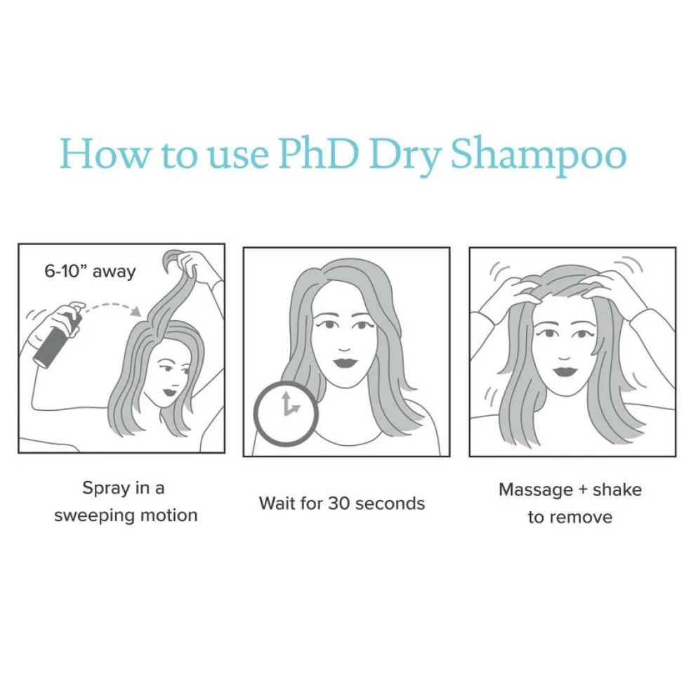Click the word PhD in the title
319,154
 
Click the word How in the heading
105,154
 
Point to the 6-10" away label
90,271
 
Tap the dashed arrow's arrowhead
137,312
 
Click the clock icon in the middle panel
286,412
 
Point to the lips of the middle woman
345,364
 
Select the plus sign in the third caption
583,490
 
